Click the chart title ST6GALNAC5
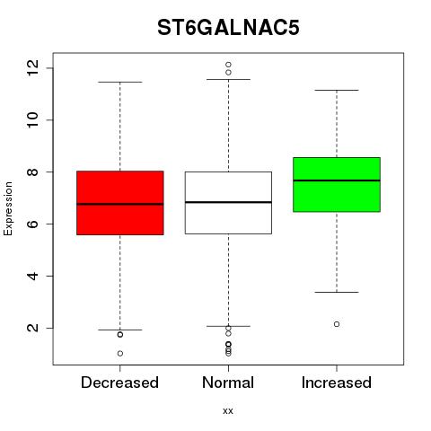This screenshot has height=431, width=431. tap(228, 28)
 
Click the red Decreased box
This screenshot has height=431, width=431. tap(120, 203)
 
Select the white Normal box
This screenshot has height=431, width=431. tap(228, 203)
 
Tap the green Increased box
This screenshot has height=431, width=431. tap(337, 184)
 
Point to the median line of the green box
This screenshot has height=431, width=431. tap(337, 180)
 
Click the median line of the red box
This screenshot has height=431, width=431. tap(120, 204)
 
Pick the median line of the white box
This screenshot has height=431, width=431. tap(228, 202)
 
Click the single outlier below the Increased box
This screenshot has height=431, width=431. tap(337, 324)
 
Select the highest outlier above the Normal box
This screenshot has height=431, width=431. tap(228, 65)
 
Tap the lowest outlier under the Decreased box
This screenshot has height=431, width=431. tap(120, 354)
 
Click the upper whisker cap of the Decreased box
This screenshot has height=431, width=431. tap(120, 82)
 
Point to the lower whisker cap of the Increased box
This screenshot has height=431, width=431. tap(337, 292)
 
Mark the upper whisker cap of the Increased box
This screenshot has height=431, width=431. tap(337, 90)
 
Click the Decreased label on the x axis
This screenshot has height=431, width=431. tap(119, 383)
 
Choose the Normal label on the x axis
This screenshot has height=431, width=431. tap(228, 383)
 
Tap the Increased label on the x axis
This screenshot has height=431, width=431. tap(337, 383)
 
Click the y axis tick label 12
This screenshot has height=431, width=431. tap(33, 68)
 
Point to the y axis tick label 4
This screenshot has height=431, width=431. tap(33, 276)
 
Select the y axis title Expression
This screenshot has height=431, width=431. tap(8, 208)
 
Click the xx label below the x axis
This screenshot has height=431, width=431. tap(228, 411)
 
